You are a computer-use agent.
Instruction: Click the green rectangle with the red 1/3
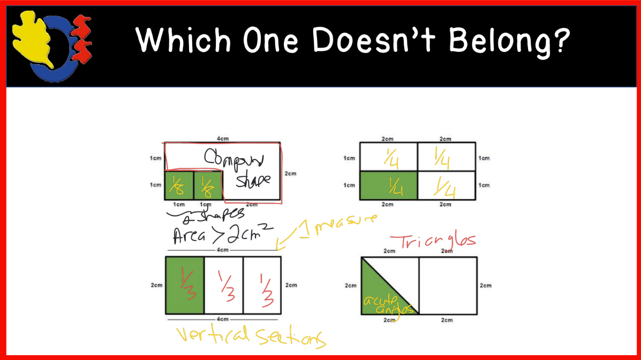pos(185,285)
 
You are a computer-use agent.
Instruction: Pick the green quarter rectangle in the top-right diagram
pos(389,185)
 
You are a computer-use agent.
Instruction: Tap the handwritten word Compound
pos(235,157)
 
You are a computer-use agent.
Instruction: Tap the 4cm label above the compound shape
pos(222,138)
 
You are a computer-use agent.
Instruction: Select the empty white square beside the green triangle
pos(447,285)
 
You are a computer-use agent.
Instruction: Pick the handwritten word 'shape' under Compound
pos(253,181)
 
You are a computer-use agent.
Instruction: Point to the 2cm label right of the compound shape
pos(290,174)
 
